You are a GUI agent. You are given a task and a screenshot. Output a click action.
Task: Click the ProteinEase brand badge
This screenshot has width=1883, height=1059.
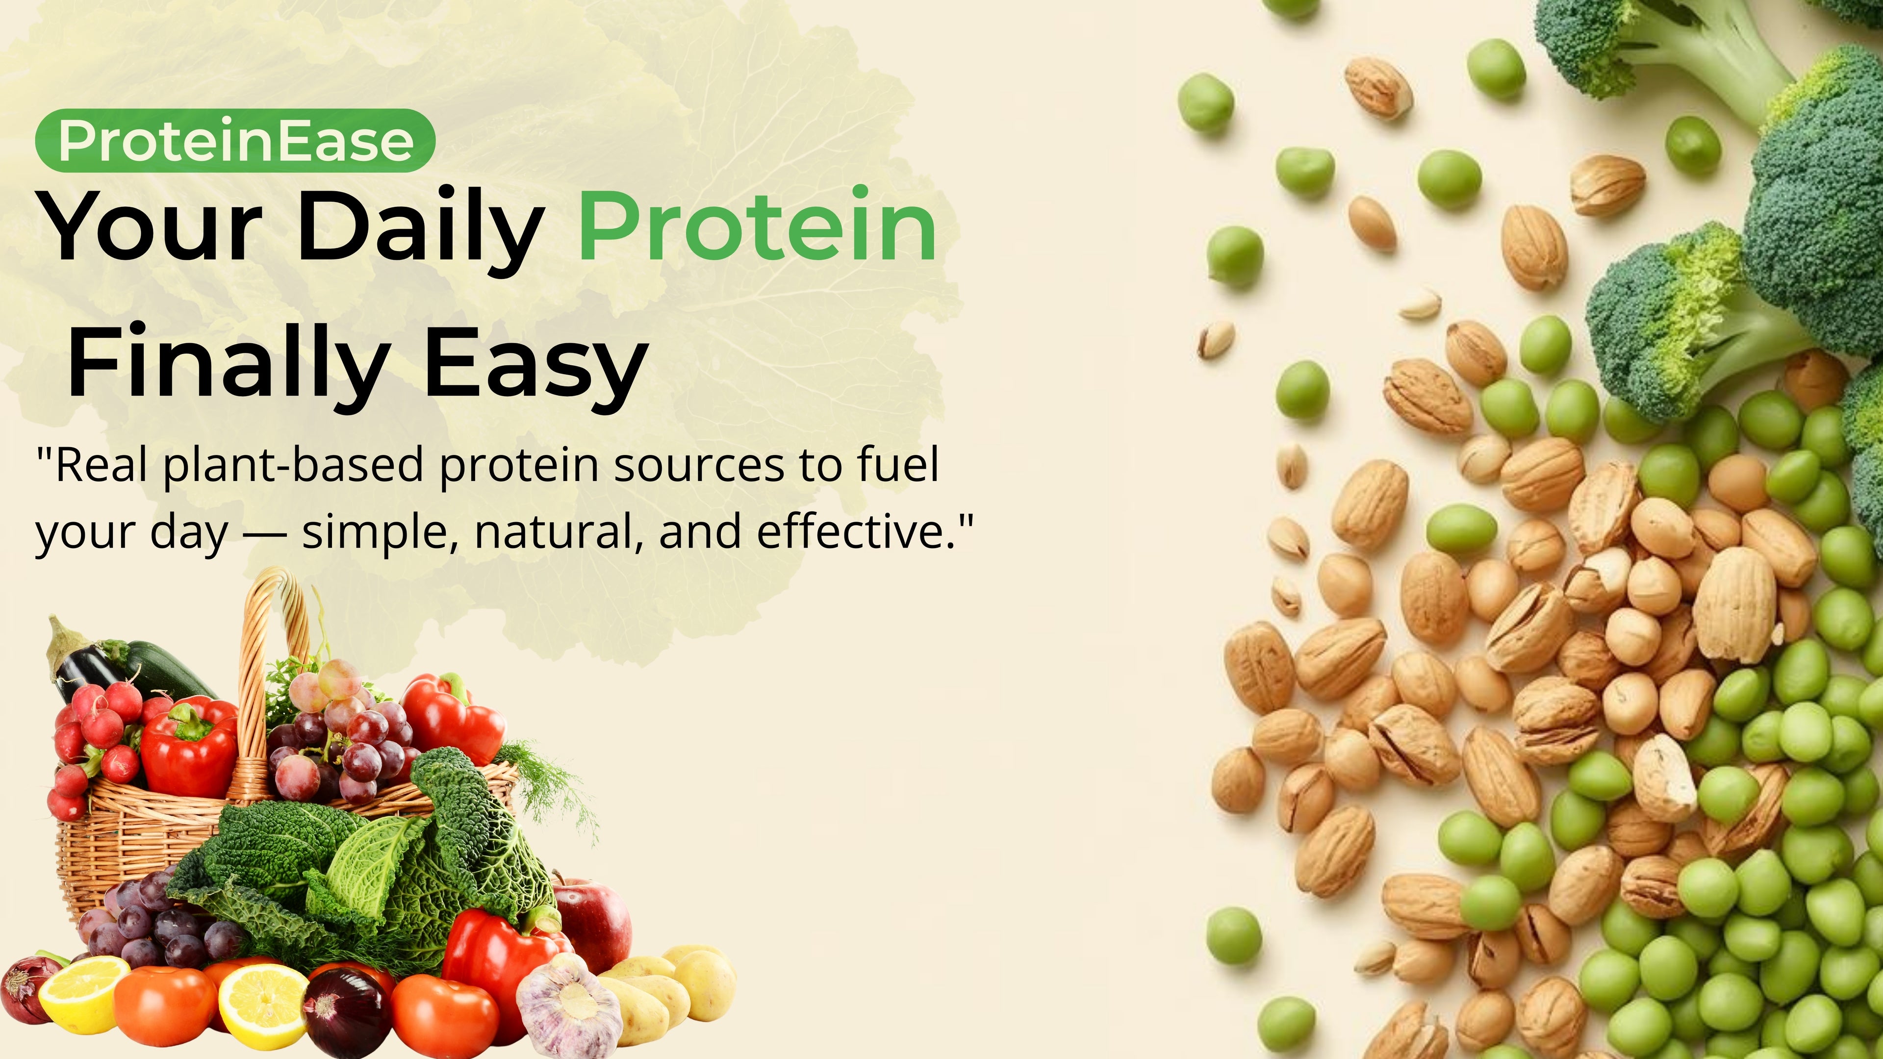[x=235, y=140]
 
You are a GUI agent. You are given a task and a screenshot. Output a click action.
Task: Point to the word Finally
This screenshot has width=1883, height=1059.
[x=228, y=364]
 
